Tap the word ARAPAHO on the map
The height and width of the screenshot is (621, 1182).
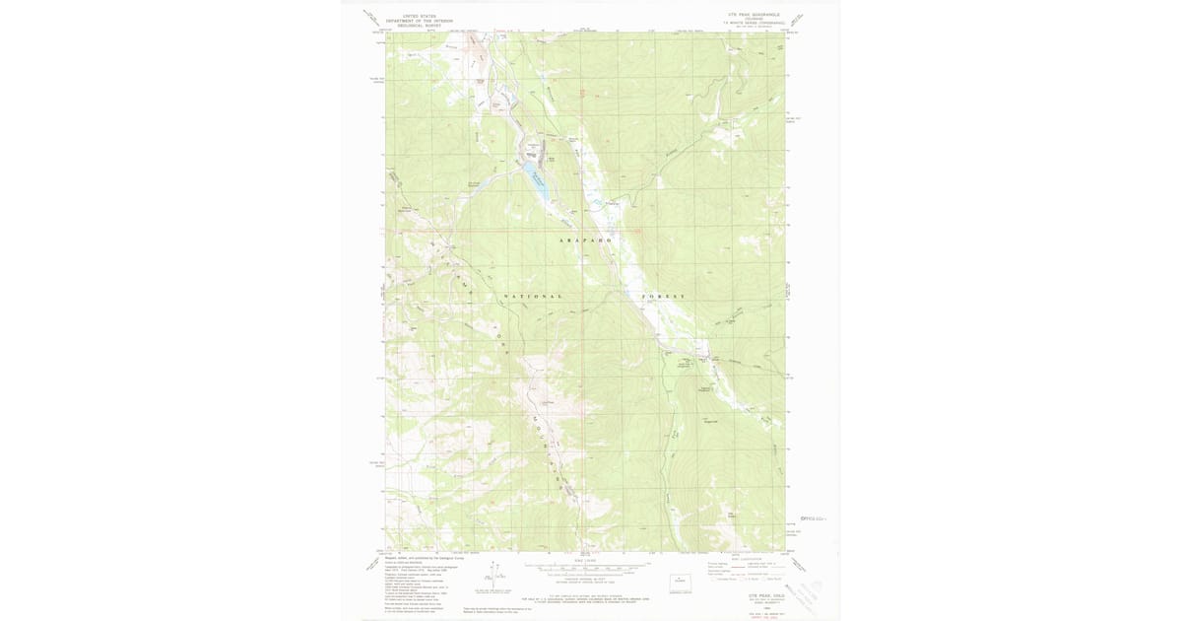[586, 241]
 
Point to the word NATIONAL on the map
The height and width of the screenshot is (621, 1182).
[534, 297]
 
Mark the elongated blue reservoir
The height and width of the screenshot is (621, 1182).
[539, 186]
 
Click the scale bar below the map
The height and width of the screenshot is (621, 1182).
[586, 567]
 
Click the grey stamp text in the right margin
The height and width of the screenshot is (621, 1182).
[814, 517]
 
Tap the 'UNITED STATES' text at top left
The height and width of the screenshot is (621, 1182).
[419, 16]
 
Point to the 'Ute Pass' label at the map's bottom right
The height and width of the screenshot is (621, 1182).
[732, 514]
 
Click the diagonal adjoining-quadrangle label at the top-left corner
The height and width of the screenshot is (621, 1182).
[371, 17]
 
